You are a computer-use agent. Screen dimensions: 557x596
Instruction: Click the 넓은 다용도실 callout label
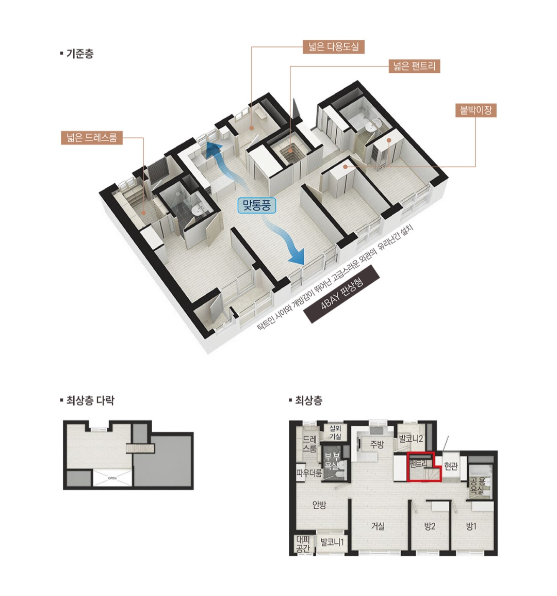(x=333, y=47)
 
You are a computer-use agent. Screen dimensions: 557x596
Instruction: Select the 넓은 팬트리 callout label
(x=414, y=66)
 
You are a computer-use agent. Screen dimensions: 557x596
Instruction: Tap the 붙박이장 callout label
(x=476, y=110)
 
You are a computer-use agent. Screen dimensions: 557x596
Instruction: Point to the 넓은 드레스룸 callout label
(x=92, y=137)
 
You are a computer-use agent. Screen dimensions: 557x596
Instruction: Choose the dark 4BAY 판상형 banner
(x=341, y=294)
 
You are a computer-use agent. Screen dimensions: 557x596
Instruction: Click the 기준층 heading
(x=77, y=54)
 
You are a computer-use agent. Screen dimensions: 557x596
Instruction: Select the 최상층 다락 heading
(x=87, y=400)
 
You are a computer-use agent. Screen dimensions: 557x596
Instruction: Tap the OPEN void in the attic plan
(x=112, y=478)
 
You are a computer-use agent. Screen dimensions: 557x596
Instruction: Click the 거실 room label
(x=378, y=526)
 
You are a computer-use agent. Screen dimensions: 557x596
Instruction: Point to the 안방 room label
(x=319, y=505)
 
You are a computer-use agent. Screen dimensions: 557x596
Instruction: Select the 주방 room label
(x=377, y=444)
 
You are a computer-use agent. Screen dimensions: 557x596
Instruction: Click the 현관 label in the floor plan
(x=451, y=465)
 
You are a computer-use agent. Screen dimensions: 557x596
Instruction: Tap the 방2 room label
(x=429, y=526)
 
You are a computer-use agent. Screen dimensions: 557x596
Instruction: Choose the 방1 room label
(x=471, y=526)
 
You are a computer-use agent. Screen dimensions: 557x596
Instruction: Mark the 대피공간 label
(x=303, y=543)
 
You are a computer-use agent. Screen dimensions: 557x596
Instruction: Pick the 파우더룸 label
(x=309, y=473)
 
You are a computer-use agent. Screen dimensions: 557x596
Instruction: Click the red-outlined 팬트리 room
(x=423, y=467)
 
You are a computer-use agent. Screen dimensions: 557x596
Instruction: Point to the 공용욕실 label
(x=477, y=486)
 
